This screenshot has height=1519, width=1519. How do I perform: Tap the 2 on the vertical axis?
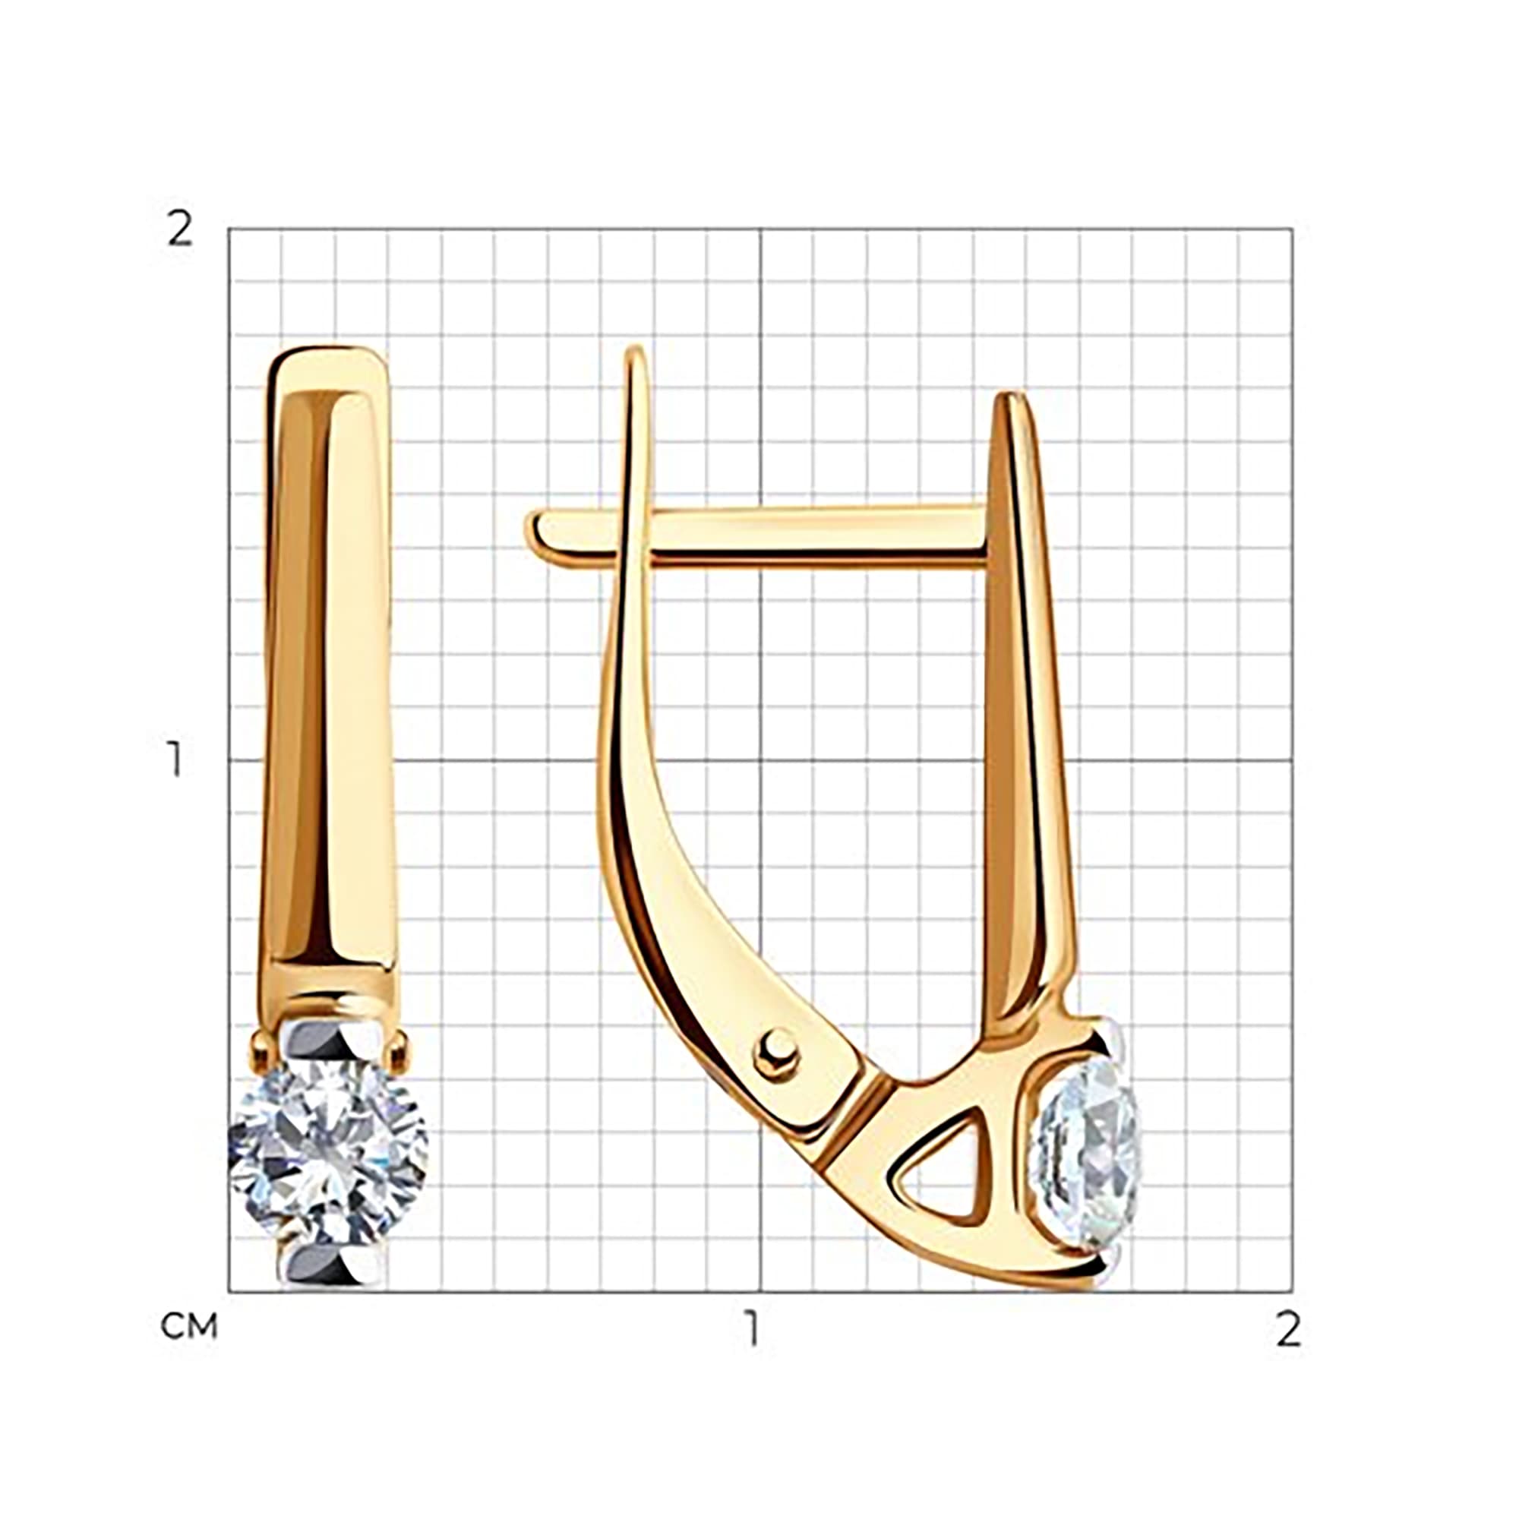(180, 229)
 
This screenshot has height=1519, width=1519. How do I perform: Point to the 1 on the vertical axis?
(175, 759)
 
